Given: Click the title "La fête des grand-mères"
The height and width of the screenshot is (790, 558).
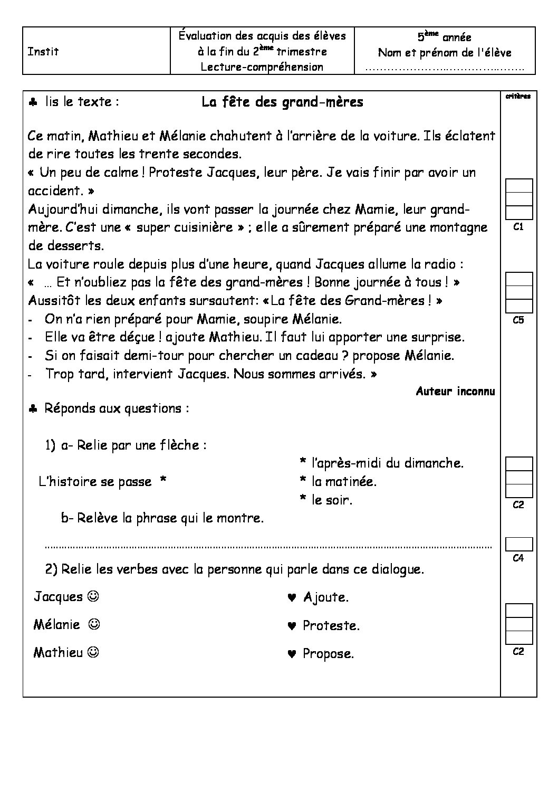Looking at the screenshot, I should (282, 102).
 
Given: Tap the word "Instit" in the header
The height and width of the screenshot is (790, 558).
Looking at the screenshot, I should (43, 52).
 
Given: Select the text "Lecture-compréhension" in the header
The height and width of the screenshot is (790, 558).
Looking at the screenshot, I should (262, 67).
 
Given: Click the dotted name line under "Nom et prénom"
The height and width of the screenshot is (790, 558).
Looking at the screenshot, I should (445, 69).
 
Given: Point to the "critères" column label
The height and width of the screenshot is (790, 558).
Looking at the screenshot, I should (518, 96).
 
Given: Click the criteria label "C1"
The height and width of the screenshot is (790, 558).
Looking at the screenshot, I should (518, 227).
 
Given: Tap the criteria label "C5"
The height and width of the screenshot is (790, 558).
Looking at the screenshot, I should (518, 320).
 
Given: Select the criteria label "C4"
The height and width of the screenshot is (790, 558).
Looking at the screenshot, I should (518, 558).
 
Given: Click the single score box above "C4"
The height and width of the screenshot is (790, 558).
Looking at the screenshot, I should (519, 544).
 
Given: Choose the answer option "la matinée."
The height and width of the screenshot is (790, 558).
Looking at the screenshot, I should (344, 481).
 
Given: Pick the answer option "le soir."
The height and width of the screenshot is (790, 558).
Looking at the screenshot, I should (332, 500).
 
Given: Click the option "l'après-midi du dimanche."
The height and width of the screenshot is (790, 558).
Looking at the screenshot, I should (387, 463).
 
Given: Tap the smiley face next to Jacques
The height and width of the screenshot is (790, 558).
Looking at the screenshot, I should (93, 596).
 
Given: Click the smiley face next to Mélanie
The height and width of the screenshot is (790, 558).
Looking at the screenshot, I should (94, 624).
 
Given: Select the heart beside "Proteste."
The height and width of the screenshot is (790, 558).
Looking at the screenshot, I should (291, 626).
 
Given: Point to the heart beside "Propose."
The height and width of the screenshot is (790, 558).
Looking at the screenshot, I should (291, 654).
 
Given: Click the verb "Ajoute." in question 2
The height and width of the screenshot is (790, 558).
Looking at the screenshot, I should (326, 597).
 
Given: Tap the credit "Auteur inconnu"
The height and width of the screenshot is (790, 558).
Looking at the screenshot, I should (455, 391).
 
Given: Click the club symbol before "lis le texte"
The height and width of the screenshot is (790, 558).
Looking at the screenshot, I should (33, 102).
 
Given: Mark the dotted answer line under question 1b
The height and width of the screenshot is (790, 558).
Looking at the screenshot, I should (268, 547).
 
